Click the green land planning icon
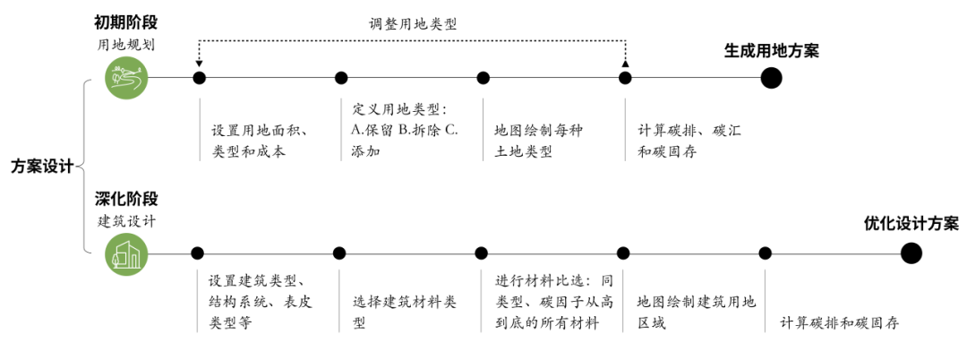125,78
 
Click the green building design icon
125,254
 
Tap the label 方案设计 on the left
41,167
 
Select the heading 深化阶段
124,198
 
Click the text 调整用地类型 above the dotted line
413,24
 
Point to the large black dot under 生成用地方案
771,78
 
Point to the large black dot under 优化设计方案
911,253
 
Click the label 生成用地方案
771,50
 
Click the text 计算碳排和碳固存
838,321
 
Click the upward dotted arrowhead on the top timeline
625,65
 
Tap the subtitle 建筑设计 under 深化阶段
125,220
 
